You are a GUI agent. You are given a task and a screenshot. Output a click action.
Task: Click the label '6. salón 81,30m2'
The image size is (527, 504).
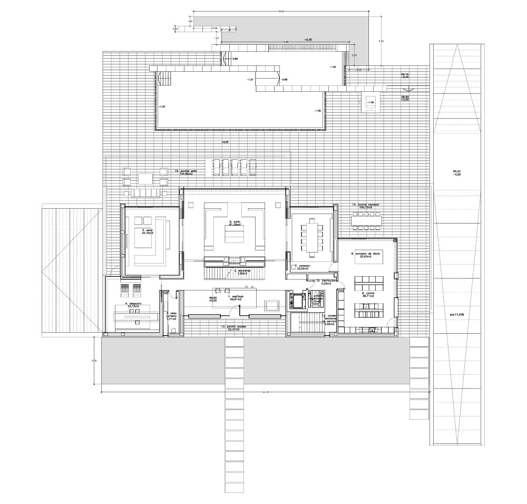click(x=235, y=224)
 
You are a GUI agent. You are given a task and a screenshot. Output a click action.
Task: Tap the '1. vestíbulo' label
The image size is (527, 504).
click(x=235, y=298)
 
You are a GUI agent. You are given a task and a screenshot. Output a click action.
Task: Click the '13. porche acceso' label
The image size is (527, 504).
click(x=233, y=328)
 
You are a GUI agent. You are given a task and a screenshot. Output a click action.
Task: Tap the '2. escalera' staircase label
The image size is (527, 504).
click(x=243, y=272)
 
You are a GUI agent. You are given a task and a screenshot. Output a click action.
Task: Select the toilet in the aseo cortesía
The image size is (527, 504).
click(x=173, y=331)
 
